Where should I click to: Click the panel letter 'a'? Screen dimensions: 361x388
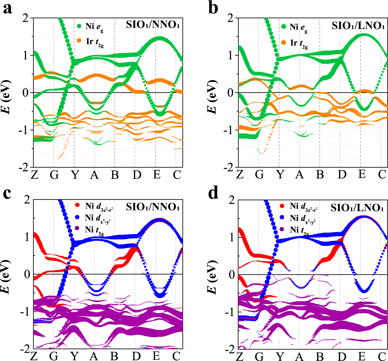click(x=7, y=9)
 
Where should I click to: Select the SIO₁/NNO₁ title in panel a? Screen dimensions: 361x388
click(x=153, y=25)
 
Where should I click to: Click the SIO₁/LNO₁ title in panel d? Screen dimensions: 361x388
click(x=357, y=207)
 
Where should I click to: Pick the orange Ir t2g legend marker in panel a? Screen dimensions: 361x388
click(x=80, y=41)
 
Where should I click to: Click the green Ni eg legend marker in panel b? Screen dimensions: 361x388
click(x=284, y=27)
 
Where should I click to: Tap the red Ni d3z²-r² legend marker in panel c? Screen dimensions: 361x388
click(x=77, y=205)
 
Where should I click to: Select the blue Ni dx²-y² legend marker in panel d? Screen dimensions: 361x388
click(x=282, y=218)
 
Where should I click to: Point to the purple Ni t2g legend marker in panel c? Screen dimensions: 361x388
click(x=77, y=229)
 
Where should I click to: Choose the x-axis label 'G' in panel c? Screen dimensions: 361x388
click(x=54, y=356)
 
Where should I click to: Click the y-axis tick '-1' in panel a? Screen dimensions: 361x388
click(x=25, y=130)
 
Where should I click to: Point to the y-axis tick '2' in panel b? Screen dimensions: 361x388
click(x=230, y=18)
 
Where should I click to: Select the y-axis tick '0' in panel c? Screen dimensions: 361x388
click(x=27, y=274)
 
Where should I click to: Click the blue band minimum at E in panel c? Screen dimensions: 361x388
click(x=160, y=295)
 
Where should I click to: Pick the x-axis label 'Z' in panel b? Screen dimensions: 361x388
click(x=240, y=174)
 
